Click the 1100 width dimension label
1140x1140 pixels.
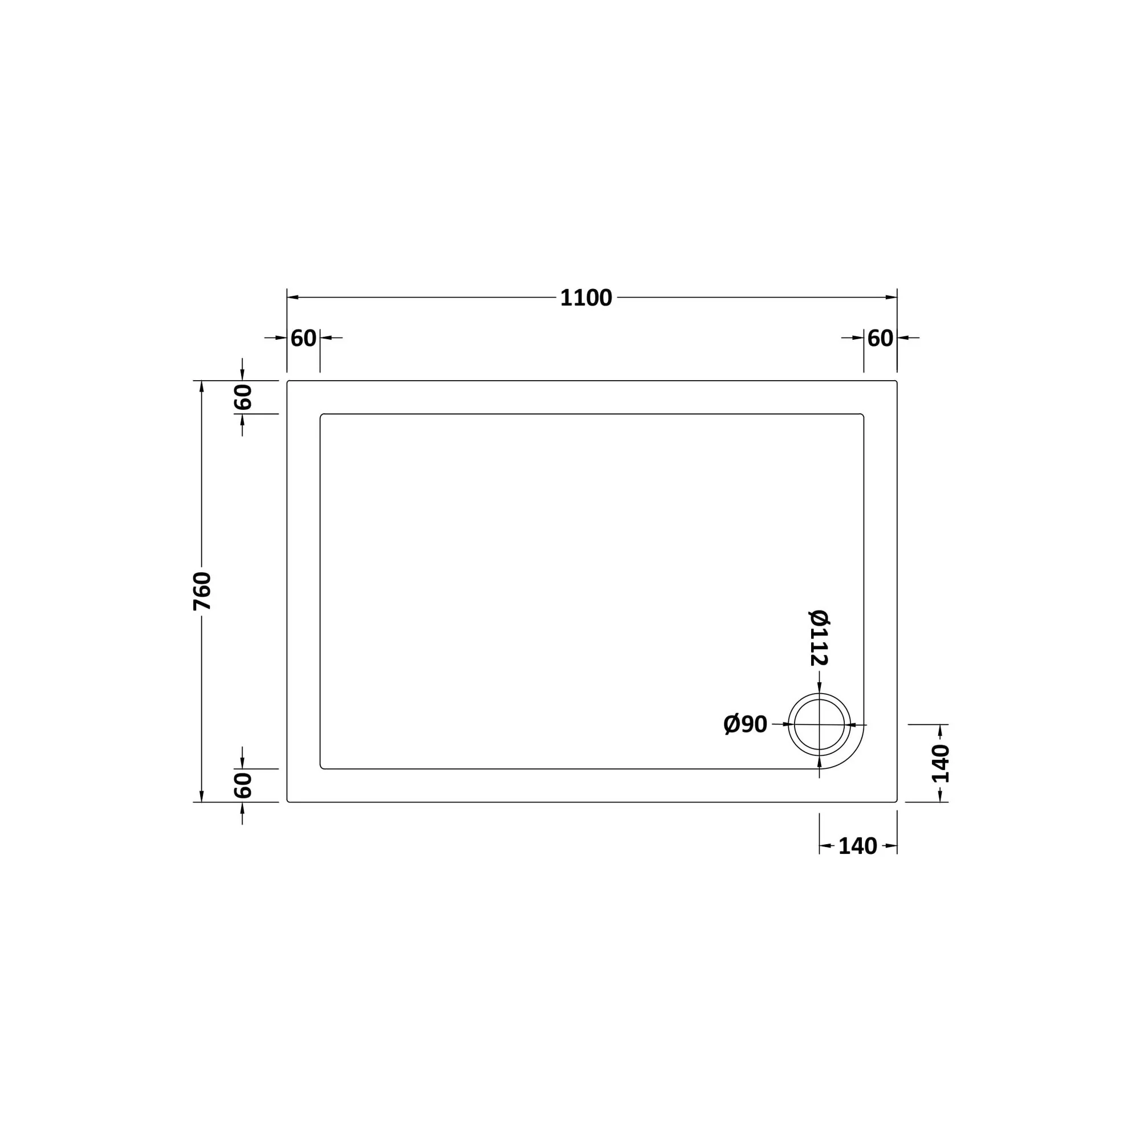click(x=586, y=298)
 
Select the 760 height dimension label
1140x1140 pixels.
click(x=202, y=591)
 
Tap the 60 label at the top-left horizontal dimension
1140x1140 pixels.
click(x=303, y=338)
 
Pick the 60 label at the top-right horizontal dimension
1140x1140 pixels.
click(x=880, y=338)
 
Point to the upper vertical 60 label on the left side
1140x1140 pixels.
click(x=242, y=397)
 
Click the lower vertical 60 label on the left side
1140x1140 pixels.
click(x=242, y=785)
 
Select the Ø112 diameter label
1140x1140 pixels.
click(x=819, y=637)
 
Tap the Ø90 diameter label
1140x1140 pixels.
click(x=745, y=724)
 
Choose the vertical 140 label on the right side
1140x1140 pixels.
click(x=940, y=764)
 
